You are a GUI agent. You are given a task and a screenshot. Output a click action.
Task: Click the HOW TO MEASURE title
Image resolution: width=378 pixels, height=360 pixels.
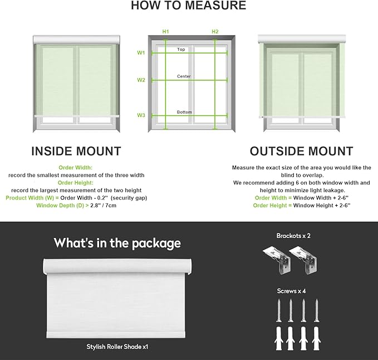189,6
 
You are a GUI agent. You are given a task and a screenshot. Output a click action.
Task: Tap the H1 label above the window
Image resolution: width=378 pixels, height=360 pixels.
165,32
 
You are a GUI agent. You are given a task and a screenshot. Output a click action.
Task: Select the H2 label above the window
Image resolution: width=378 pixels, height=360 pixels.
215,32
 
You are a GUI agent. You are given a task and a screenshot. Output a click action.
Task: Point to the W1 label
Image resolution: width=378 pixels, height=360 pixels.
141,52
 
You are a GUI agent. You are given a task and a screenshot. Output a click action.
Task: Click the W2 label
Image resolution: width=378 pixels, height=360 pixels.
141,80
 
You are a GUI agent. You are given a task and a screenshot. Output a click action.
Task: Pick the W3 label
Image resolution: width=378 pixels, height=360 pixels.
141,115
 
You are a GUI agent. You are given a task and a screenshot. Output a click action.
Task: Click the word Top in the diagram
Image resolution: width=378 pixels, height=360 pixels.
181,50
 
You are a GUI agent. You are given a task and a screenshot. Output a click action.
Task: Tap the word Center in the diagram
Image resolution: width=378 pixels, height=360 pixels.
184,76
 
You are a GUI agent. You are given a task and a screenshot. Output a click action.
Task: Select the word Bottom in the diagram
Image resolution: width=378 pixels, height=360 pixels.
184,112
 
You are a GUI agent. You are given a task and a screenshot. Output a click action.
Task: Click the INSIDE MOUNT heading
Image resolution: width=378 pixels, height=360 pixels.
76,151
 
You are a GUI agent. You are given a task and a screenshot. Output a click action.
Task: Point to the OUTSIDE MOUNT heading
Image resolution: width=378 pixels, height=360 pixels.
302,151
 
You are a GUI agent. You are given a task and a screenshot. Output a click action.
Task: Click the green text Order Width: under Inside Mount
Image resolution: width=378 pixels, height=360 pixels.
76,167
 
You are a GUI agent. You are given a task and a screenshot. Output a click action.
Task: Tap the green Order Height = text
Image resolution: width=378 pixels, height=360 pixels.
272,206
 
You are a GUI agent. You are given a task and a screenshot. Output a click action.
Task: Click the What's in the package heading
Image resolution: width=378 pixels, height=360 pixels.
117,243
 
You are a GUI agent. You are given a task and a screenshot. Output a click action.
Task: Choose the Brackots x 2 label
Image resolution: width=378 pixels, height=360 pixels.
293,236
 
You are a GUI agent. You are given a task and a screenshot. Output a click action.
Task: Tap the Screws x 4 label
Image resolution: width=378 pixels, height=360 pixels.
291,291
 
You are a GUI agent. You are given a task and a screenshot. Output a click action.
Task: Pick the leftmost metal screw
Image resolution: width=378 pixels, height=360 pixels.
279,310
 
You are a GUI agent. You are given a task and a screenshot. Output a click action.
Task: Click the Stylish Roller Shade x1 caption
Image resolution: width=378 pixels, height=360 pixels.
117,347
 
